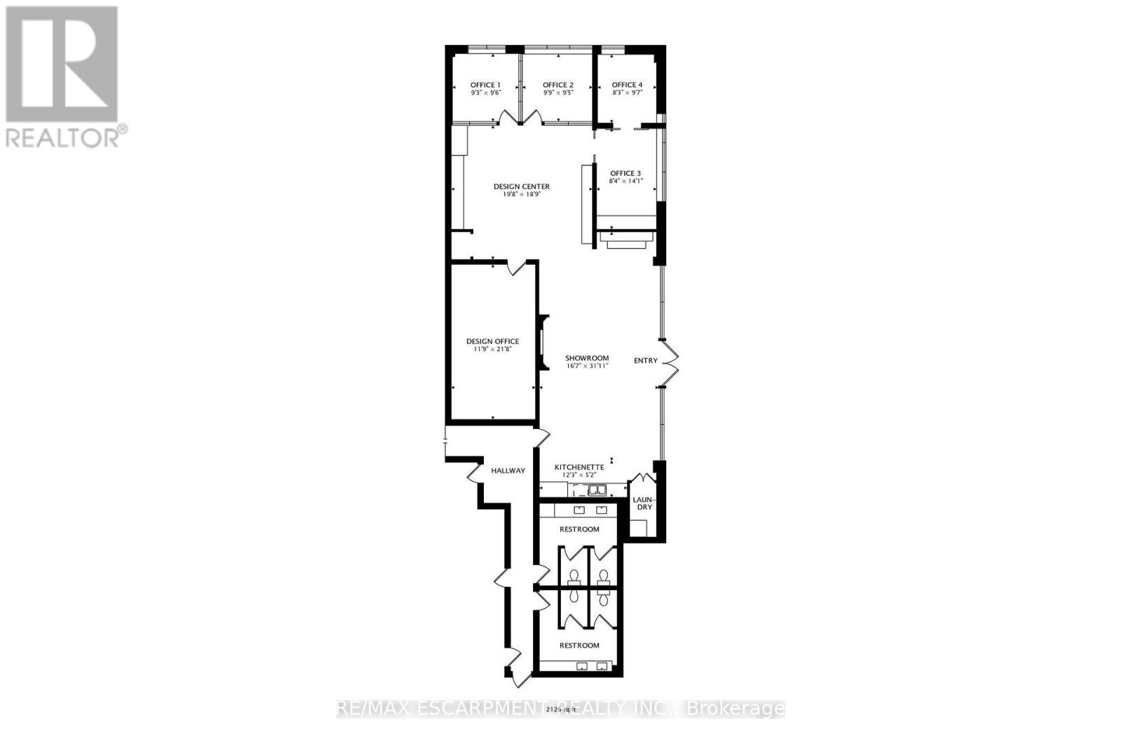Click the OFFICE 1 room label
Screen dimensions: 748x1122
(x=485, y=85)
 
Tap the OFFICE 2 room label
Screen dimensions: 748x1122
(x=558, y=85)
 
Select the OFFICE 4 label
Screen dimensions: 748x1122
(x=627, y=85)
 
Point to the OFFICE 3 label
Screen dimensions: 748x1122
(x=626, y=173)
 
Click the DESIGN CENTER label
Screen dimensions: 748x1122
(x=522, y=186)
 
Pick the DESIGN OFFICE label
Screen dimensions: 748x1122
(x=493, y=341)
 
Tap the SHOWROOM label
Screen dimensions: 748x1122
(x=587, y=358)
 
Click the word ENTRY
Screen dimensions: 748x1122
(x=646, y=361)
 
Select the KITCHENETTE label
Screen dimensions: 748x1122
(x=579, y=467)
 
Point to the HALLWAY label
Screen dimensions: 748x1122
(x=508, y=470)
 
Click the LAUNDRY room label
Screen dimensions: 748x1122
(x=643, y=503)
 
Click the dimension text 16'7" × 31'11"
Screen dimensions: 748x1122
(x=587, y=366)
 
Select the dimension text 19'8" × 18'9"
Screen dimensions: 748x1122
(x=522, y=194)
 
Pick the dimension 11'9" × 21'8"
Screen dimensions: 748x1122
(x=493, y=349)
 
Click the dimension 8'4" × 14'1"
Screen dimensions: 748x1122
(x=626, y=181)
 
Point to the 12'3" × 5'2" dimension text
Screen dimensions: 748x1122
(x=579, y=475)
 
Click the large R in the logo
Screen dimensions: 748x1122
(x=62, y=63)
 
